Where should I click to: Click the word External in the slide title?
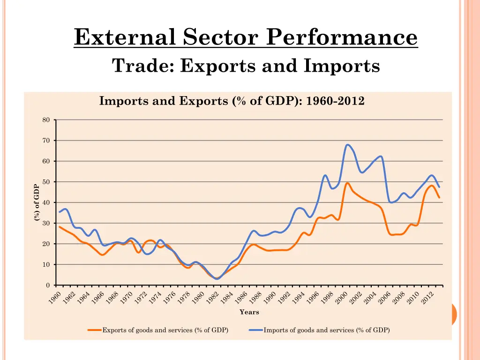pos(124,37)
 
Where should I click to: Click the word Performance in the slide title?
pos(341,37)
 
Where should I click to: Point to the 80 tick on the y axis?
pos(46,120)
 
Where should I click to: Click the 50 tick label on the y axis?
pos(46,182)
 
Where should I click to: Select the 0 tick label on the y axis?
pos(47,285)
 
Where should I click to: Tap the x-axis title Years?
pos(249,312)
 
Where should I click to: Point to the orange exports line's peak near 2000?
pos(347,183)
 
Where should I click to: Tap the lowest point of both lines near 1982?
pos(217,279)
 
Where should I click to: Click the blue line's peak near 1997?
pos(325,175)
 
